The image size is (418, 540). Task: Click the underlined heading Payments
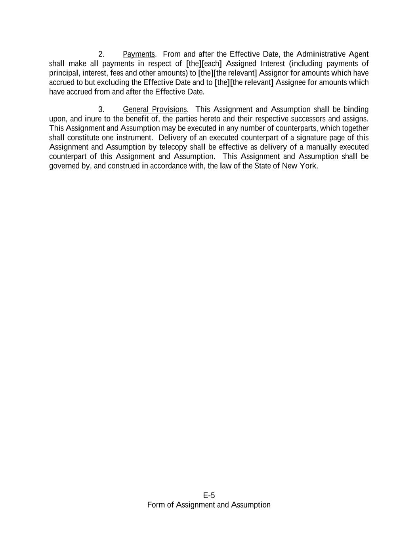coord(139,54)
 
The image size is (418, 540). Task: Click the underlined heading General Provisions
coord(155,109)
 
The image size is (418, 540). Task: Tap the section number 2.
coord(101,54)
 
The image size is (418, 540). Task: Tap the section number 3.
coord(101,109)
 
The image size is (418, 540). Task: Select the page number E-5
coord(209,495)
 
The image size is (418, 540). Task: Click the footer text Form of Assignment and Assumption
coord(209,505)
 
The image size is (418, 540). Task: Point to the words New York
coord(300,166)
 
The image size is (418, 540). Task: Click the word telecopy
coord(173,147)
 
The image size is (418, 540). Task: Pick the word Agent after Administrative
coord(358,54)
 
